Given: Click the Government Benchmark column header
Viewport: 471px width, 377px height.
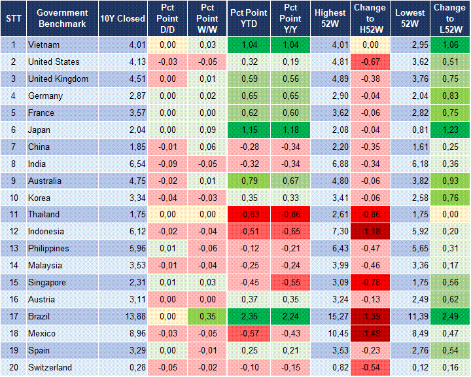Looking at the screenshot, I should coord(62,18).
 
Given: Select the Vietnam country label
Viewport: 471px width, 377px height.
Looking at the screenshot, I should coord(44,45).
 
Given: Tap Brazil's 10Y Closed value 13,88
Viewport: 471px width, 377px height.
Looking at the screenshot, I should coord(123,317).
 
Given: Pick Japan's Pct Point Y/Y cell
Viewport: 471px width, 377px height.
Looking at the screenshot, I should coord(288,130).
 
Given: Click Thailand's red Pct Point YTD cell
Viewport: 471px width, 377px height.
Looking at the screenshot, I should coord(247,215).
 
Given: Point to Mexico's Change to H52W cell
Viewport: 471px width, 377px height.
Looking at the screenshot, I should coord(371,334).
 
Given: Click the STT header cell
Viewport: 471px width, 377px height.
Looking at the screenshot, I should coord(13,18).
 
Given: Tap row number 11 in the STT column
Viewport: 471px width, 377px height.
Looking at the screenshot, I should coord(13,215).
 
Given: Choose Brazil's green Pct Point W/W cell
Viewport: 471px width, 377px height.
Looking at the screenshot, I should coord(206,317).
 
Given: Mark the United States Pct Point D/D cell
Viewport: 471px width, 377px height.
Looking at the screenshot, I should coord(164,62).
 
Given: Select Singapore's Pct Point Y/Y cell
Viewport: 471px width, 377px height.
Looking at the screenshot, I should coord(288,283).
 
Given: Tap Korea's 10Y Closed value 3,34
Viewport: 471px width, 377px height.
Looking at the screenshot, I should coord(123,198).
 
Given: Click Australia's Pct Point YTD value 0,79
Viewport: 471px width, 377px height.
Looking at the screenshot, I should coord(247,181).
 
